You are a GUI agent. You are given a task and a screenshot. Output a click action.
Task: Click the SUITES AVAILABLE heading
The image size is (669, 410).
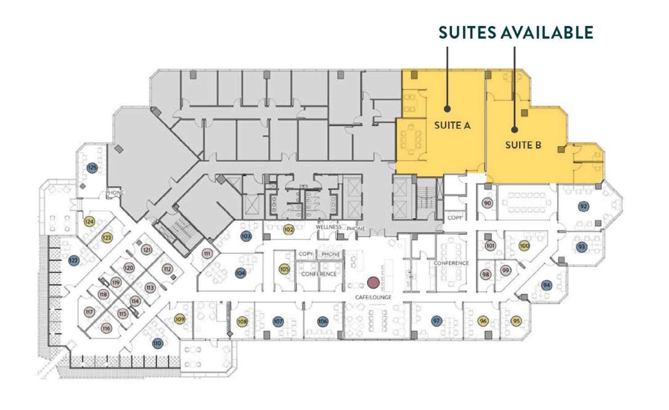516,32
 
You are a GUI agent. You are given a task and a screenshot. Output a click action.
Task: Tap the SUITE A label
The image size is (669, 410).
453,126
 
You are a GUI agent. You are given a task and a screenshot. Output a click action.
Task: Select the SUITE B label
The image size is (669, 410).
522,145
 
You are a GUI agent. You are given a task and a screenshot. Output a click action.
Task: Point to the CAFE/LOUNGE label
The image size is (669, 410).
374,297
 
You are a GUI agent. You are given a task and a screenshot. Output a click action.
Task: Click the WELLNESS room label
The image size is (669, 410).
329,227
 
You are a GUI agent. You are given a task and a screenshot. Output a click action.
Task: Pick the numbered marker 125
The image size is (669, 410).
92,168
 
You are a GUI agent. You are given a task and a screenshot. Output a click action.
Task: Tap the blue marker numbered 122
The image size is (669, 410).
74,260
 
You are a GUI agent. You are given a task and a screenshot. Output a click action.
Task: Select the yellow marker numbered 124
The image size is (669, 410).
89,221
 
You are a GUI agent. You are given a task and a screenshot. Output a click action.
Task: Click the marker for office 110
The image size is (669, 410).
157,343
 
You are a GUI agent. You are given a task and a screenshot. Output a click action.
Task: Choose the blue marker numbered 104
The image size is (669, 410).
240,273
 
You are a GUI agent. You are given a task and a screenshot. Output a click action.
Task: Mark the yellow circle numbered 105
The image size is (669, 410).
284,269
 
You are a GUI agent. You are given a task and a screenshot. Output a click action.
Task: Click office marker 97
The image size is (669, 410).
437,321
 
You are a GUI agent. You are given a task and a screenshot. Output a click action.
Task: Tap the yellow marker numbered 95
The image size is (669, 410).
516,321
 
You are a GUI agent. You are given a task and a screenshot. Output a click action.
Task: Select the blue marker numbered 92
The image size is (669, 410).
583,206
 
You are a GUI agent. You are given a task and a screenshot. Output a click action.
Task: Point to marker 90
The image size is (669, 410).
487,203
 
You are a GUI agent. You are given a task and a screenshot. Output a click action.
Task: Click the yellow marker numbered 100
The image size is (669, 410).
524,246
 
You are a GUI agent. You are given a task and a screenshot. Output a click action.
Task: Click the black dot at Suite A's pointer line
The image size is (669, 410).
447,109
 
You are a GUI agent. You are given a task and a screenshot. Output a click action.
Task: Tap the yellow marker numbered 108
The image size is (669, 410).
242,321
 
